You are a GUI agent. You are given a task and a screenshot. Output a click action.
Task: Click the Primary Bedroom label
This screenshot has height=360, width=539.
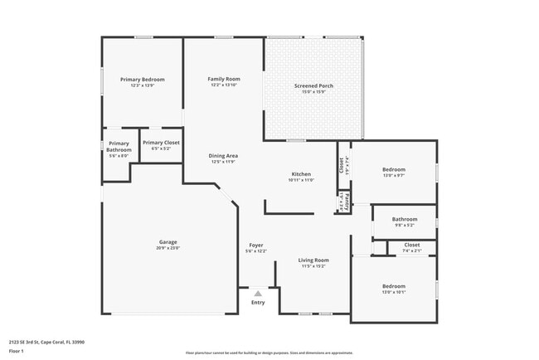142,80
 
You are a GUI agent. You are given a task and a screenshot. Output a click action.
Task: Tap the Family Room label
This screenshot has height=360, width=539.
224,79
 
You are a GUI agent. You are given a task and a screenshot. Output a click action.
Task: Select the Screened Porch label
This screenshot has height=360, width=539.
313,85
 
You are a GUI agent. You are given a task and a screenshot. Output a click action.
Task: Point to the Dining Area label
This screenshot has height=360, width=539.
224,156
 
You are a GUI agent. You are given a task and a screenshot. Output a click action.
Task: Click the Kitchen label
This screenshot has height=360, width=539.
300,174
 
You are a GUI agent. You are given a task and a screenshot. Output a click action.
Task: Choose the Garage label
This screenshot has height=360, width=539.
168,241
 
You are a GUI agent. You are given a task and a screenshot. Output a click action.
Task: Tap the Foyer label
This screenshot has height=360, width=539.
256,246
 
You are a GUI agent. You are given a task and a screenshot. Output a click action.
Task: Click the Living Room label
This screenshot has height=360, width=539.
314,260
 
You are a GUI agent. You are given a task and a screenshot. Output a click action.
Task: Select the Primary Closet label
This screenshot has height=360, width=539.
161,143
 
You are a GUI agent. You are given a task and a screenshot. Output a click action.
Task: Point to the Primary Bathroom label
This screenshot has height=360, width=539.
119,147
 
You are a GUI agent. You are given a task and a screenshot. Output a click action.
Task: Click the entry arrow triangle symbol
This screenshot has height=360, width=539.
258,294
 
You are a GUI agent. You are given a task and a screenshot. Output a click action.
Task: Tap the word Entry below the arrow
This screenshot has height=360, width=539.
258,303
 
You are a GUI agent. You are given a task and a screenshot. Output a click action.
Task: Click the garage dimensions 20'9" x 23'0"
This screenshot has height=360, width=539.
168,248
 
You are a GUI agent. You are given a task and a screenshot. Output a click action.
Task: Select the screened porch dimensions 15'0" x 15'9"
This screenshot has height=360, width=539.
313,91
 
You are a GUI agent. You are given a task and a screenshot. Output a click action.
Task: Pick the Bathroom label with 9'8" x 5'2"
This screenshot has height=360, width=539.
405,220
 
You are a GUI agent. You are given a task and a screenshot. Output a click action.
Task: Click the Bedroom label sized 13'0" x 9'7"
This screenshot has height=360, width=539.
393,169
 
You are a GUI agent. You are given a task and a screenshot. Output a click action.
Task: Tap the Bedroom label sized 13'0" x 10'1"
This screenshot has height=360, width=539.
393,286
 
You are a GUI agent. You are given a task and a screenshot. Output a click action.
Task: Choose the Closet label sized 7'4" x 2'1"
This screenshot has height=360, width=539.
412,245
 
